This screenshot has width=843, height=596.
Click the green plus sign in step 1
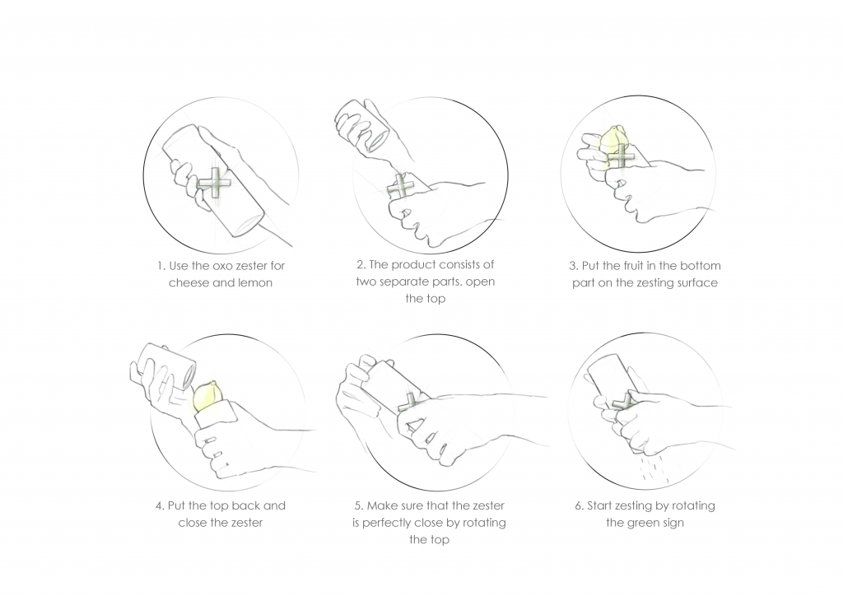214,184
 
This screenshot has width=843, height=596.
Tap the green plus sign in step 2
402,188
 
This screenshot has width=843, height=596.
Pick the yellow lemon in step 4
207,396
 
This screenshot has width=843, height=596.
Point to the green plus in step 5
411,403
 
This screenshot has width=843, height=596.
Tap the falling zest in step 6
654,469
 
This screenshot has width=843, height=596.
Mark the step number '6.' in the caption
579,506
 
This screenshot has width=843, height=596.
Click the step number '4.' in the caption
161,506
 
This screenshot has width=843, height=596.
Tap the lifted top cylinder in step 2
361,124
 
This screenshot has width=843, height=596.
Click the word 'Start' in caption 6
599,505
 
